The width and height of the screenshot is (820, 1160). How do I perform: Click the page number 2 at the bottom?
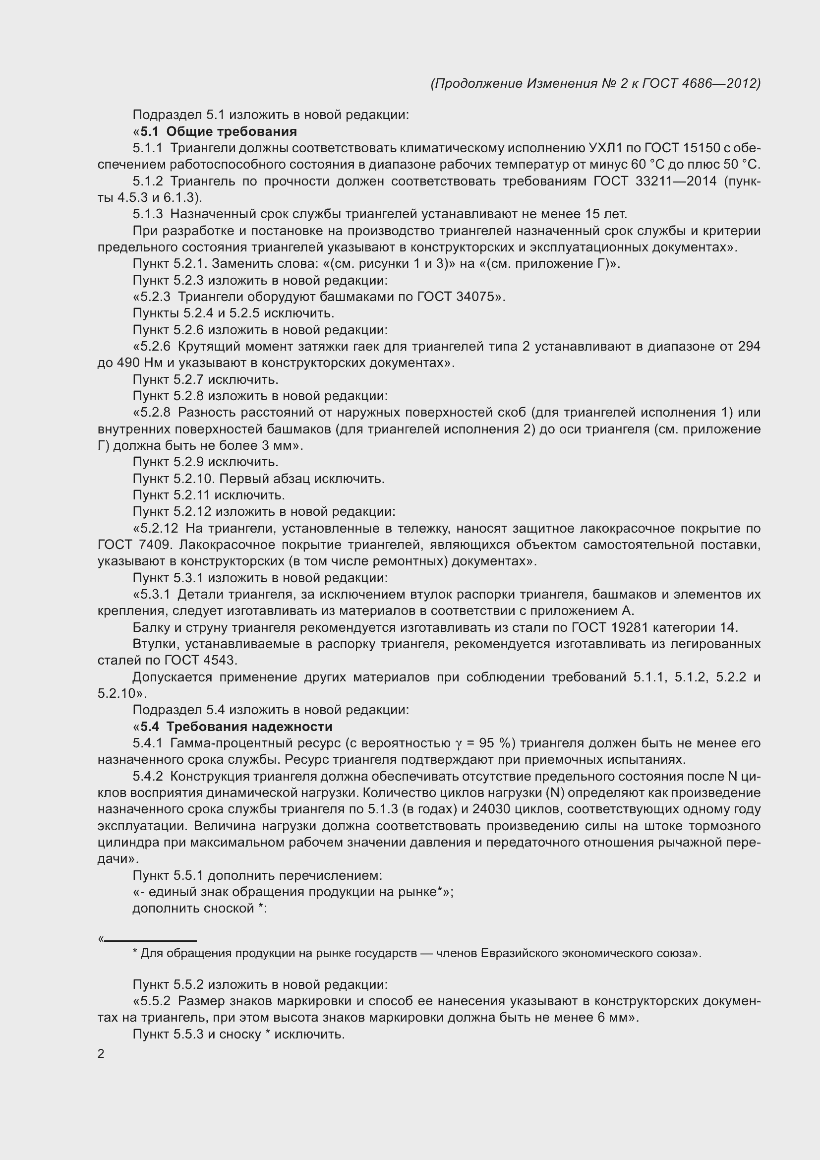[101, 1054]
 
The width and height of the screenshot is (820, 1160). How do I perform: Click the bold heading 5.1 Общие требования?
[218, 132]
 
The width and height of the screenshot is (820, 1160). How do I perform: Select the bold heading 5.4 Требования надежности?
[236, 727]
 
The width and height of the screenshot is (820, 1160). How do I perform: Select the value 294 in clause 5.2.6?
[749, 347]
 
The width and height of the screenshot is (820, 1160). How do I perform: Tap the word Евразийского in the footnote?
[523, 953]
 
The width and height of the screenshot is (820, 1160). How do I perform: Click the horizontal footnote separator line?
[150, 941]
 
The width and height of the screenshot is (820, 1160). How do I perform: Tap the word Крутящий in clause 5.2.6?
[209, 347]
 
